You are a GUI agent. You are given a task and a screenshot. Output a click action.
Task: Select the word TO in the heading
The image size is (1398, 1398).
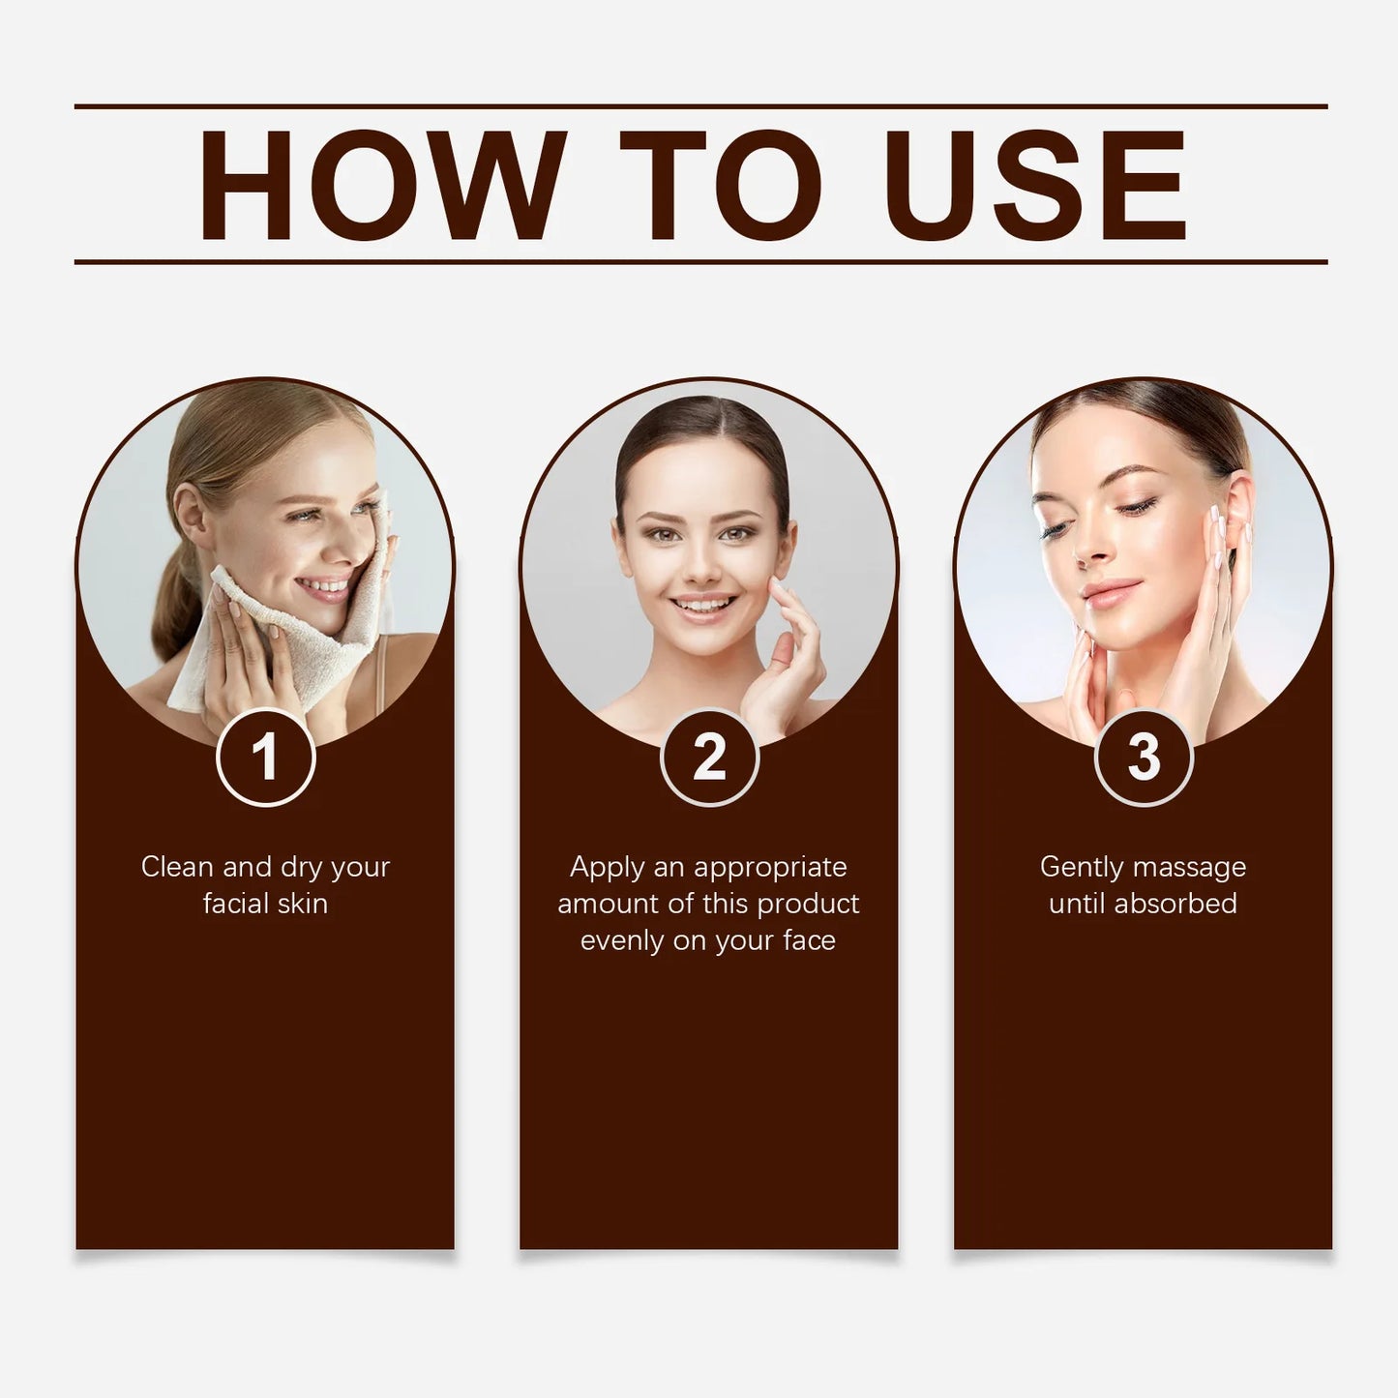point(720,185)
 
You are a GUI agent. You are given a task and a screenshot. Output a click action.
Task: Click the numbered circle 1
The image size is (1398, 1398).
point(265,757)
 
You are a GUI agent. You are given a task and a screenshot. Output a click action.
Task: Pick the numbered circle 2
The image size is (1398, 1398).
point(709,757)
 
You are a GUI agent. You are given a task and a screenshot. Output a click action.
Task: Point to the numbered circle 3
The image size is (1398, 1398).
point(1144,757)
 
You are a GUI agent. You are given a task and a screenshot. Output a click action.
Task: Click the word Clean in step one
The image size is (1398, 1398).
point(178,867)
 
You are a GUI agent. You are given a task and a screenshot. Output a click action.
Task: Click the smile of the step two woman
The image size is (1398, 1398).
point(702,605)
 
